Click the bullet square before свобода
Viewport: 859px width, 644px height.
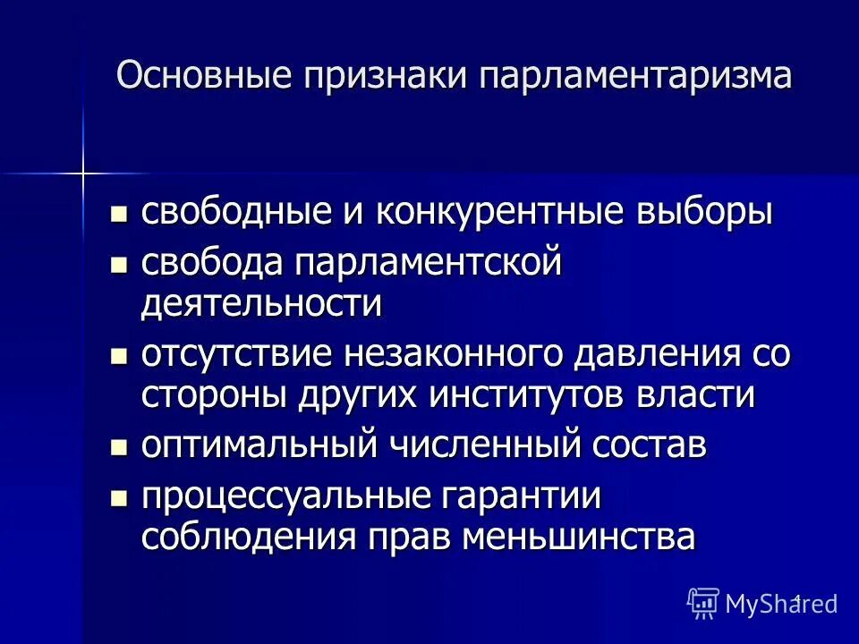pyautogui.click(x=116, y=265)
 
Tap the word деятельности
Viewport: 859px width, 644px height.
pyautogui.click(x=262, y=304)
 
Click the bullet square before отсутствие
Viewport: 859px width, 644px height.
pyautogui.click(x=116, y=356)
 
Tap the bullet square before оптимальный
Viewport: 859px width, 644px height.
pyautogui.click(x=116, y=447)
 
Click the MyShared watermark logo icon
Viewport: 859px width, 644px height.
pyautogui.click(x=703, y=602)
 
